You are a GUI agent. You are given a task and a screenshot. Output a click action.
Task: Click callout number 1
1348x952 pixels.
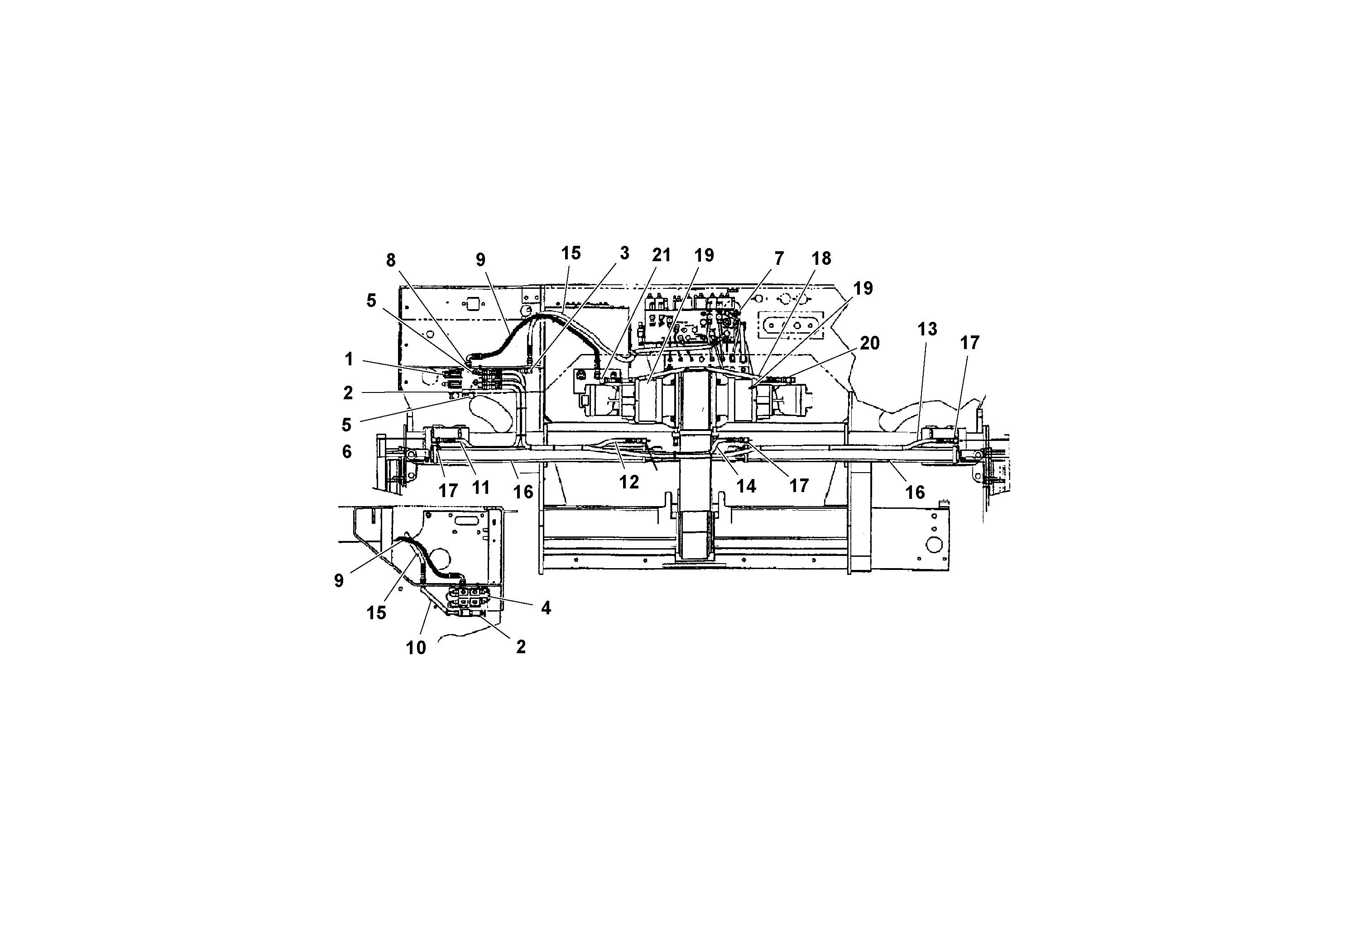[349, 359]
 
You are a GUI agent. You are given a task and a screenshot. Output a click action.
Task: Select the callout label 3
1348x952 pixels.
[624, 253]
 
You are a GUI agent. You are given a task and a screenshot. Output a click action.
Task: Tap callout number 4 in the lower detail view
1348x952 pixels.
[546, 608]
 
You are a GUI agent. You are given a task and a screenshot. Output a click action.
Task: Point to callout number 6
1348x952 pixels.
[347, 451]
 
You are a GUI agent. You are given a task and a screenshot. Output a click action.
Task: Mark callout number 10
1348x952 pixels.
[416, 648]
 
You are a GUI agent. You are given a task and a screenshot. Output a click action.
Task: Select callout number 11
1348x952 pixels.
[480, 487]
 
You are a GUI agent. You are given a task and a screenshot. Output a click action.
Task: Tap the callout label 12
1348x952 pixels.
[629, 482]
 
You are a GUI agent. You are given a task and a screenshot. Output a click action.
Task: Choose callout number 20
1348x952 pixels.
[869, 343]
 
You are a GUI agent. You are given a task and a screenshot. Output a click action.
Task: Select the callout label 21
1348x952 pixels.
[661, 255]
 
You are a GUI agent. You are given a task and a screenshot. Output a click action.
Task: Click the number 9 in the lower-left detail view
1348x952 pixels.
[339, 580]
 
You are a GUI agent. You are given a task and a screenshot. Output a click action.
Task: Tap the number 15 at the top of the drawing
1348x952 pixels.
[571, 253]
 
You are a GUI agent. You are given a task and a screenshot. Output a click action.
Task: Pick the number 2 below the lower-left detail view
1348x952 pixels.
[520, 647]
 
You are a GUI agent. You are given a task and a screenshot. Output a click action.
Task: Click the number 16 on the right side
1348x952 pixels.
[915, 492]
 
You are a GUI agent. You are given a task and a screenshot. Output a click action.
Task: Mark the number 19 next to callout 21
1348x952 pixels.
[704, 255]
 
